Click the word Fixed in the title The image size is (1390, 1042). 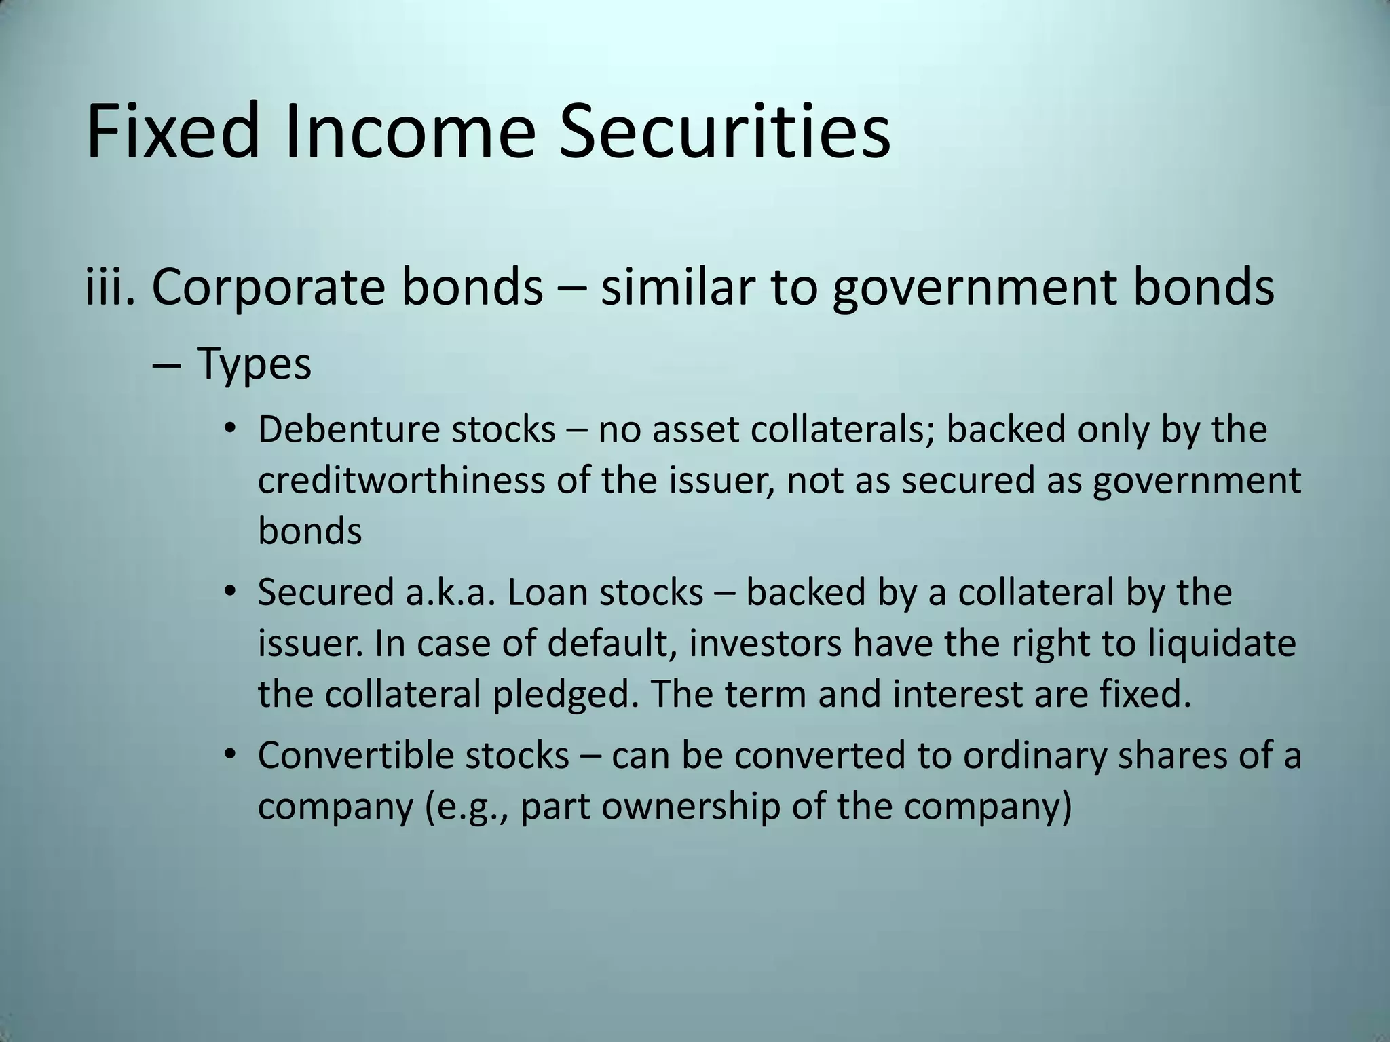[173, 130]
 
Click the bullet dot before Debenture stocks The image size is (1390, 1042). [231, 430]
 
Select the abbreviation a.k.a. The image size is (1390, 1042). [449, 593]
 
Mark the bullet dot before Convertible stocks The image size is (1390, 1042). [231, 754]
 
